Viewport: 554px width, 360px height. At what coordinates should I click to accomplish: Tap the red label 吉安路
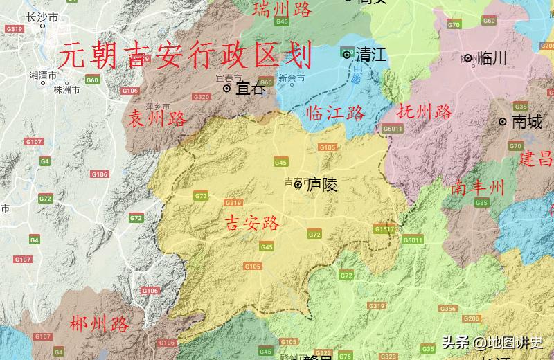(253, 223)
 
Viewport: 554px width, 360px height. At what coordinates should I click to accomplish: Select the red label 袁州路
(157, 119)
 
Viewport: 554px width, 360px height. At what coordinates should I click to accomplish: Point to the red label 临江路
(335, 113)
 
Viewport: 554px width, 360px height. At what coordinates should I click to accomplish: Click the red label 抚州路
(425, 111)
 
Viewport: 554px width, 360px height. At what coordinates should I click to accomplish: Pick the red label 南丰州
(477, 187)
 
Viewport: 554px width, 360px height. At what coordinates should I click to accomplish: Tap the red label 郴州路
(100, 323)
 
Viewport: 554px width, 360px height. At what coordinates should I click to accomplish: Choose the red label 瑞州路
(283, 9)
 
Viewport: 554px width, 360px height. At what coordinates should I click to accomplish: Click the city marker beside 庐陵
(298, 185)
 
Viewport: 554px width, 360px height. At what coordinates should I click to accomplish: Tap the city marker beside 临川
(468, 58)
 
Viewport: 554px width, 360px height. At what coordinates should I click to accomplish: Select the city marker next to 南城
(503, 122)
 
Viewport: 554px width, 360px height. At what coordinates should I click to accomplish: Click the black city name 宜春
(250, 89)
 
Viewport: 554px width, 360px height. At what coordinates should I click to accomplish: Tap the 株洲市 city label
(66, 89)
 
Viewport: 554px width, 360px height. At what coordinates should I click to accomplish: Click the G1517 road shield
(384, 228)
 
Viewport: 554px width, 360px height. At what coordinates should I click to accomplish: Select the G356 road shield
(447, 308)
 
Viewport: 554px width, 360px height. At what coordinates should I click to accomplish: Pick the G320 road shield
(202, 97)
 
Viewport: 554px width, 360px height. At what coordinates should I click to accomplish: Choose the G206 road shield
(472, 318)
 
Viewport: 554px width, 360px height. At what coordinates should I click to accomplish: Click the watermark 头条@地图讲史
(492, 343)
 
